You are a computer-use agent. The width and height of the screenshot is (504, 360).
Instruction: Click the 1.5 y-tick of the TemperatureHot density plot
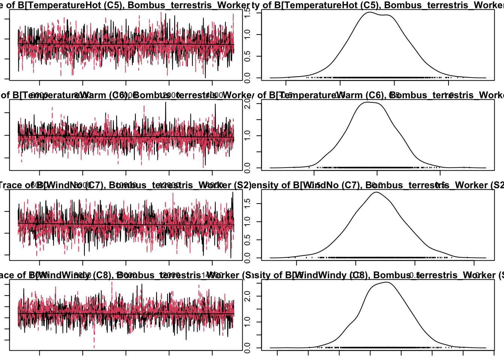pos(247,13)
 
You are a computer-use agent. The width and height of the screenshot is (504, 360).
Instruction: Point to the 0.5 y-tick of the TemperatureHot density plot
pos(247,56)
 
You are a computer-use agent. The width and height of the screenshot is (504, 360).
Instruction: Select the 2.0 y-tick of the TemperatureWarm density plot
pos(247,103)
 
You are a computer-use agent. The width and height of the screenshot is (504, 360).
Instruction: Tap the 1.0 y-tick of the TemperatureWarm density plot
pos(247,135)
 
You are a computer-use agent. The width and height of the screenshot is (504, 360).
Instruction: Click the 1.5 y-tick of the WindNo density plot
pos(247,204)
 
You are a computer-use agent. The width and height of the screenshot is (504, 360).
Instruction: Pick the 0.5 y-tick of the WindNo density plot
pos(247,240)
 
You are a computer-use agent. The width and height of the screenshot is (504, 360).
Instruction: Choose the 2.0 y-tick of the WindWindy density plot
pos(247,296)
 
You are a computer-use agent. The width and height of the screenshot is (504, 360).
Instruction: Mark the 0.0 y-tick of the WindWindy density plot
pos(247,348)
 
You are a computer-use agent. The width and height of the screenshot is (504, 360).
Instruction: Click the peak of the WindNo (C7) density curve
pos(376,192)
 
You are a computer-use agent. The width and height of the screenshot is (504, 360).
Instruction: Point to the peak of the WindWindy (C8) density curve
pos(386,282)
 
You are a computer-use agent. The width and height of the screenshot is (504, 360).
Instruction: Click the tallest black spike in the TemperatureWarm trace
pos(166,102)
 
